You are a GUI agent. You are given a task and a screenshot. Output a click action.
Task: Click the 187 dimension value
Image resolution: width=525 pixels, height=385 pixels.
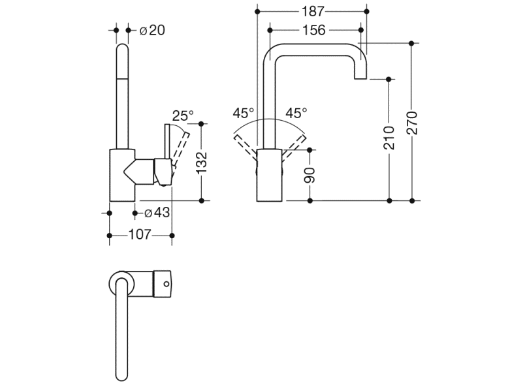311,11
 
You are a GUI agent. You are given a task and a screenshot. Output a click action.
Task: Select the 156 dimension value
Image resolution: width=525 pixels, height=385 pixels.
314,30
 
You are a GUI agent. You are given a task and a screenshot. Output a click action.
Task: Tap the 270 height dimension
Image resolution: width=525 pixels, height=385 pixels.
411,123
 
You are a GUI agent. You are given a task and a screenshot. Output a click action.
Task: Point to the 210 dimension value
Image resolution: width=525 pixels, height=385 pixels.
389,138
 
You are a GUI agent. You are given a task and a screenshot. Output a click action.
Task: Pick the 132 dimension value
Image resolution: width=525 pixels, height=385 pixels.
202,161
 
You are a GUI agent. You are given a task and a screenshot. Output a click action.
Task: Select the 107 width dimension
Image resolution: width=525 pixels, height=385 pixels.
141,234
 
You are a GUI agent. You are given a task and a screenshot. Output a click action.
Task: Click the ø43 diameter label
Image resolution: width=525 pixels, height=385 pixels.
157,213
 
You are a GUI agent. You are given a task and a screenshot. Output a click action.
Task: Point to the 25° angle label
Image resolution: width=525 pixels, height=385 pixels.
183,116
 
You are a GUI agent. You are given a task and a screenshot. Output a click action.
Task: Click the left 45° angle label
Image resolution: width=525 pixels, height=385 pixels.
244,113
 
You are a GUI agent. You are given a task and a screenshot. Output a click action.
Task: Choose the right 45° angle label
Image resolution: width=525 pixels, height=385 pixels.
296,113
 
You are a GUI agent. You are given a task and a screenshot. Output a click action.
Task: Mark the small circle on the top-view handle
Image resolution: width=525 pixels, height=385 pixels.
165,284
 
